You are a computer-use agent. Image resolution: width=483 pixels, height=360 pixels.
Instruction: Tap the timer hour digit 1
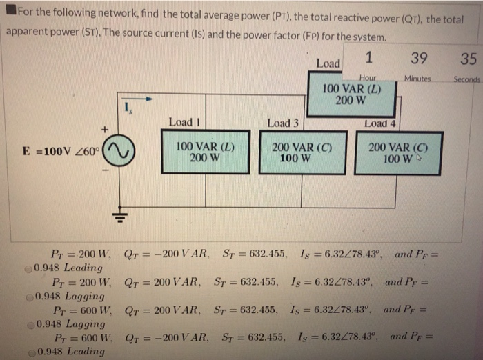(x=369, y=57)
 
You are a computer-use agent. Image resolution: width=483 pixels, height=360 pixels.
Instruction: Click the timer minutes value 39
(x=418, y=59)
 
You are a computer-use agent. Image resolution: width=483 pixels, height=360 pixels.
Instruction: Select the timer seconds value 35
(x=469, y=59)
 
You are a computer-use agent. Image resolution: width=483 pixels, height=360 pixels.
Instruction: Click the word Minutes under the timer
(x=417, y=79)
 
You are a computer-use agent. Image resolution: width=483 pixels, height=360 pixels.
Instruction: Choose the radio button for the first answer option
(x=28, y=268)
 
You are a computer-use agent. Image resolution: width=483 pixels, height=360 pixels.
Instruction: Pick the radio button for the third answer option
(x=28, y=323)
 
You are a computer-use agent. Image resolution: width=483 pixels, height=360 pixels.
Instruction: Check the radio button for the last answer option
(x=28, y=351)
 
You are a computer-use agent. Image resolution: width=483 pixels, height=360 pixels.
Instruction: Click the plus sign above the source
(x=105, y=129)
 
